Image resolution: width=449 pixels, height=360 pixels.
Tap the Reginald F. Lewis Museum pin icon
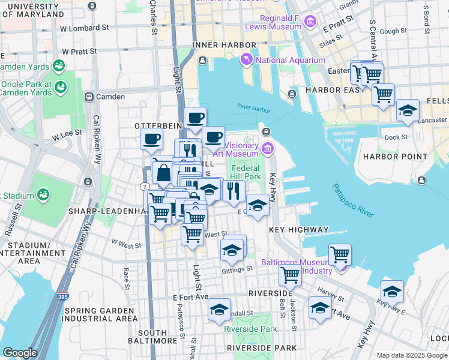click(x=310, y=22)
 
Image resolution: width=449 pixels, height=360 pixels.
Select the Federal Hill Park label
click(x=246, y=172)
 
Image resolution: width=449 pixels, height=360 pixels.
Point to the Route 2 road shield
click(x=144, y=187)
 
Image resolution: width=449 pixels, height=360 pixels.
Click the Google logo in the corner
click(x=20, y=352)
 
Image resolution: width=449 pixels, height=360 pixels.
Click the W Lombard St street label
click(x=85, y=28)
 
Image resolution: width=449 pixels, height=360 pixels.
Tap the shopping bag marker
click(x=163, y=173)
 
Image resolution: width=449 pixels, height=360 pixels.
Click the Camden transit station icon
click(x=89, y=97)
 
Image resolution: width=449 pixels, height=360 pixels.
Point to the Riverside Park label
click(x=250, y=329)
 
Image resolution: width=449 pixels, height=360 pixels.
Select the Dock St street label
click(x=396, y=137)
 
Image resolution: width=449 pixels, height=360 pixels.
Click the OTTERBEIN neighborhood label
click(x=157, y=125)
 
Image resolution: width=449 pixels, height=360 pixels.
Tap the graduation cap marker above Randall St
click(x=220, y=310)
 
